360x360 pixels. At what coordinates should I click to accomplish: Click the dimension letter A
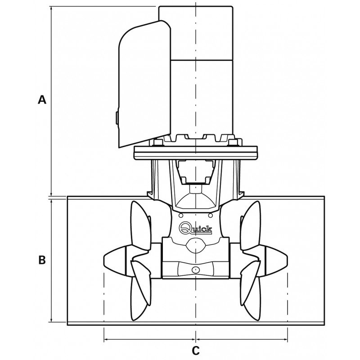tap(42, 100)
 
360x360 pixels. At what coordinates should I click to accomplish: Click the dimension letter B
tap(42, 260)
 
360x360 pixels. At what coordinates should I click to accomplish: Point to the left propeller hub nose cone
tap(112, 261)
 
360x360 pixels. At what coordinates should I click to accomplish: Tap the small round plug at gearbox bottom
tap(195, 270)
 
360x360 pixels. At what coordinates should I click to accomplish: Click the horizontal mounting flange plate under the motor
tap(196, 153)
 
